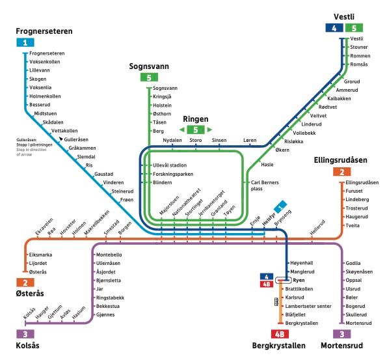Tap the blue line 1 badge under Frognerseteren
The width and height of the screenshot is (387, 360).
pyautogui.click(x=25, y=43)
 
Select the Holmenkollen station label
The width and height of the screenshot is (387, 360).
pyautogui.click(x=45, y=96)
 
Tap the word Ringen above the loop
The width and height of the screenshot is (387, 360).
pyautogui.click(x=195, y=120)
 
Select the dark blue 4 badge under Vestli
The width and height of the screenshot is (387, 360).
pyautogui.click(x=334, y=28)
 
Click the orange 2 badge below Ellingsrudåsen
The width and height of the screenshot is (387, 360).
pyautogui.click(x=341, y=173)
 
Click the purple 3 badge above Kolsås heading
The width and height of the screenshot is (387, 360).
pyautogui.click(x=25, y=333)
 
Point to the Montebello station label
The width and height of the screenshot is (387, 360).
pyautogui.click(x=109, y=254)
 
